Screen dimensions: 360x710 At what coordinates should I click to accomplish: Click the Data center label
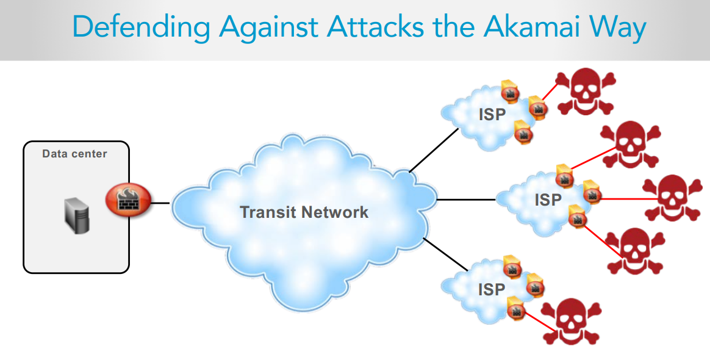[x=74, y=154]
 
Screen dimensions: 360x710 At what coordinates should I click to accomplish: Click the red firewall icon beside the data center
[x=124, y=201]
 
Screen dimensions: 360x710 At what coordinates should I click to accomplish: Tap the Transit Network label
[x=304, y=212]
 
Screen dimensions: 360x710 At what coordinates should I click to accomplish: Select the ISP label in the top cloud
[x=492, y=114]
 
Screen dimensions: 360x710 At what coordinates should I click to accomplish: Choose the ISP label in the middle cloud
[x=548, y=200]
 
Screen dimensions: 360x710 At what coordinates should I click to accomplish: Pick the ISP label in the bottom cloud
[x=492, y=289]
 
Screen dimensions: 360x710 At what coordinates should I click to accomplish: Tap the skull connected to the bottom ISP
[x=571, y=322]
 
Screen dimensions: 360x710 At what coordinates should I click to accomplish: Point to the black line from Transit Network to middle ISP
[x=467, y=200]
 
